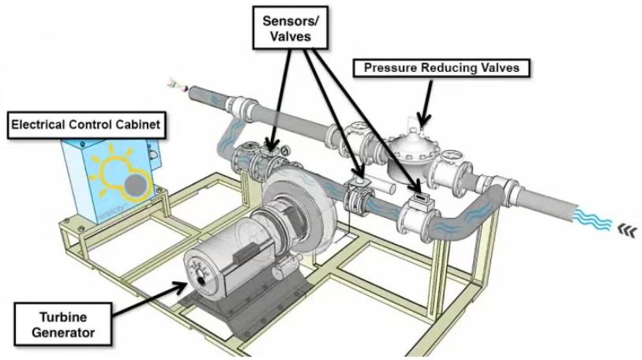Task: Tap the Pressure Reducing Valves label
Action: [441, 68]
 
